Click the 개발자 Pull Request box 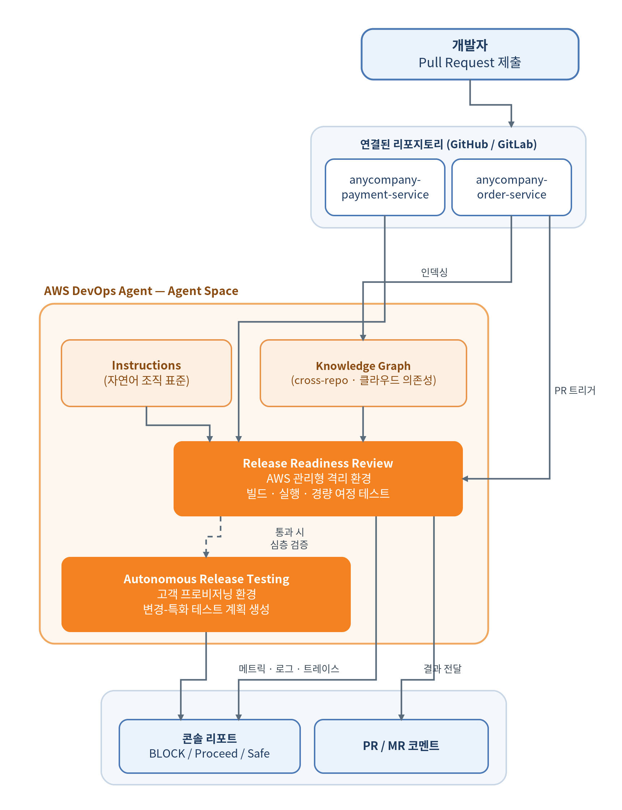(470, 54)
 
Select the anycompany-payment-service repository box (385, 187)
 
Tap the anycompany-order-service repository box (512, 187)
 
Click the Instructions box (146, 373)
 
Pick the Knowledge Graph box (363, 373)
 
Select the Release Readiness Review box (318, 478)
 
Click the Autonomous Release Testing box (206, 594)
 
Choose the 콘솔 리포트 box (209, 746)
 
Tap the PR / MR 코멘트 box (401, 746)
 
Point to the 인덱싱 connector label (434, 272)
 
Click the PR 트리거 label (575, 390)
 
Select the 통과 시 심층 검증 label (289, 538)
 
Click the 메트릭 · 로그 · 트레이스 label (289, 669)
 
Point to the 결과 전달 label (442, 669)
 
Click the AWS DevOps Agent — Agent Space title (141, 291)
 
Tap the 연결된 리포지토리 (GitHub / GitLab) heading (448, 144)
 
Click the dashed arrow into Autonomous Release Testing (213, 536)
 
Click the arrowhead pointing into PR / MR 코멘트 (401, 717)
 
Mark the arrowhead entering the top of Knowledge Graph (363, 338)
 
